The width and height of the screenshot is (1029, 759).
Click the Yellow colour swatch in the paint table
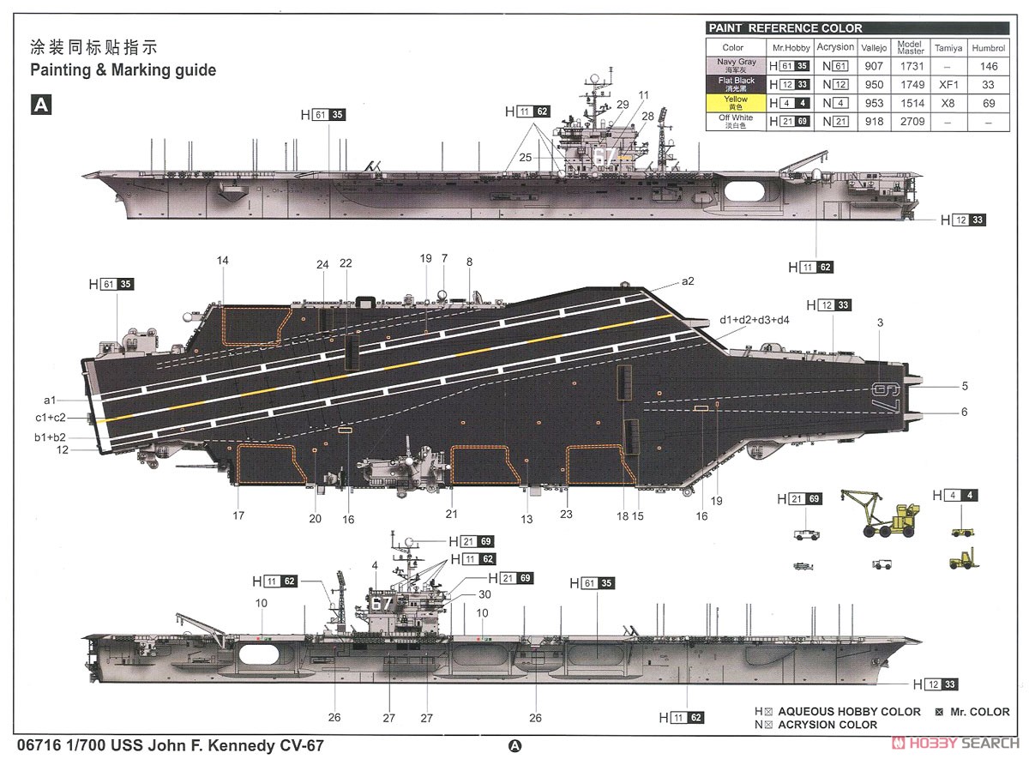(x=736, y=103)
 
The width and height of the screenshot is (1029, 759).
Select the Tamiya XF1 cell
(x=948, y=85)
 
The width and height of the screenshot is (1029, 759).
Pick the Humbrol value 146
(x=989, y=66)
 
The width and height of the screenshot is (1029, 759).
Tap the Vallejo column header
(x=874, y=48)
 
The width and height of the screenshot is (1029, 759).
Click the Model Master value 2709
(x=912, y=122)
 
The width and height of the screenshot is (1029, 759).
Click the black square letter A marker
(x=41, y=105)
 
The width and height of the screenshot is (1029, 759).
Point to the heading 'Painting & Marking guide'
(x=123, y=69)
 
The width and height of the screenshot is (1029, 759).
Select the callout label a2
(x=688, y=281)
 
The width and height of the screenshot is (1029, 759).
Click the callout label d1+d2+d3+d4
(x=755, y=320)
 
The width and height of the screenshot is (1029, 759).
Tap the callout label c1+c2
(x=51, y=418)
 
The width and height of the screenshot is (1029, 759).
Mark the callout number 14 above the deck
(x=222, y=261)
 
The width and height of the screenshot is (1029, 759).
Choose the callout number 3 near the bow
(x=880, y=322)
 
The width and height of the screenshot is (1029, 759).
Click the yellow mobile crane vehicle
(x=880, y=514)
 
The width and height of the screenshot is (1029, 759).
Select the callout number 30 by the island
(x=484, y=594)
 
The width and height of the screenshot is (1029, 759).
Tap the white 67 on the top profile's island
(x=605, y=156)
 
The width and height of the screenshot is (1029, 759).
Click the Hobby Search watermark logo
(x=954, y=743)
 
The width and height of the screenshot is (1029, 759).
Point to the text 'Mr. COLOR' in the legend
(x=980, y=712)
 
